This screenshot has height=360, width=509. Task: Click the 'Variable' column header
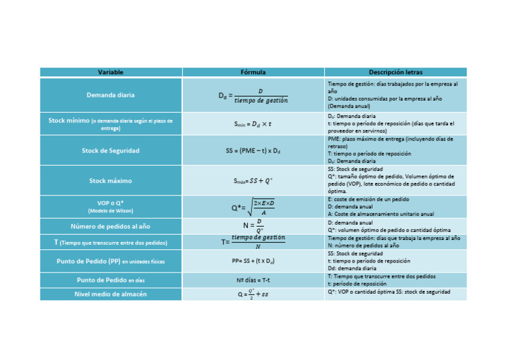(x=110, y=72)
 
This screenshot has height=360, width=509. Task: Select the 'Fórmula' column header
(x=253, y=72)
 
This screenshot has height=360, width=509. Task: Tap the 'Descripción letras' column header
(x=396, y=72)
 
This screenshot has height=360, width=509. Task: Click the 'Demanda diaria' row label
(x=110, y=95)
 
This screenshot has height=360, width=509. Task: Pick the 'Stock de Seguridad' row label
(x=110, y=150)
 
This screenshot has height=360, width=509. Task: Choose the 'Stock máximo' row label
(x=110, y=180)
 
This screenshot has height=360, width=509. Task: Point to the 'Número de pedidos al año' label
(x=110, y=226)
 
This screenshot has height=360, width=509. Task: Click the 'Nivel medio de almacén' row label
(x=110, y=294)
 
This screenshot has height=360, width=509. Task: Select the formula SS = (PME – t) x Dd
(x=253, y=150)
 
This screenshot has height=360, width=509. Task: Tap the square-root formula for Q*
(x=254, y=208)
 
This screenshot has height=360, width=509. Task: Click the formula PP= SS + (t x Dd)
(x=253, y=261)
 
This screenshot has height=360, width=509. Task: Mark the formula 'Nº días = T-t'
(x=253, y=280)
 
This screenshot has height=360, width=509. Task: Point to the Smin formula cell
(x=253, y=124)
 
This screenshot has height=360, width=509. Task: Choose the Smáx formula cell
(x=253, y=180)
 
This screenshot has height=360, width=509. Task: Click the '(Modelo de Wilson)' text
(x=110, y=211)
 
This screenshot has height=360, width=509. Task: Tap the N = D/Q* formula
(x=253, y=226)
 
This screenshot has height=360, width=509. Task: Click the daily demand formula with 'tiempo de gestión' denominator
(x=254, y=96)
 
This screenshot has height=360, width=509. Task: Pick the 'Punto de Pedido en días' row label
(x=110, y=280)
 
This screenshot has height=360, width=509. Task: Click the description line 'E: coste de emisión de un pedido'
(x=368, y=199)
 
